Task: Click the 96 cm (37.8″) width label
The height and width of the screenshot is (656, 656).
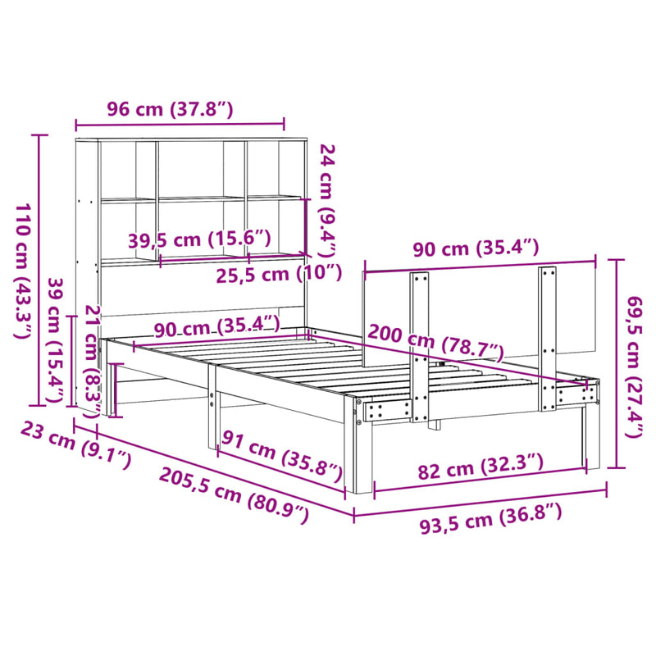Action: tap(170, 108)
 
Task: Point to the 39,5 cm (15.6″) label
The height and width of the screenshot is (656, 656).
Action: tap(199, 239)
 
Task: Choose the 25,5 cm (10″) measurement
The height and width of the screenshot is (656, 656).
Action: tap(278, 273)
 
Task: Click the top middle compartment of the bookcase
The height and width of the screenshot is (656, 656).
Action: tap(201, 168)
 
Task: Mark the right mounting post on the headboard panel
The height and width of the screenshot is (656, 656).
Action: tap(547, 336)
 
